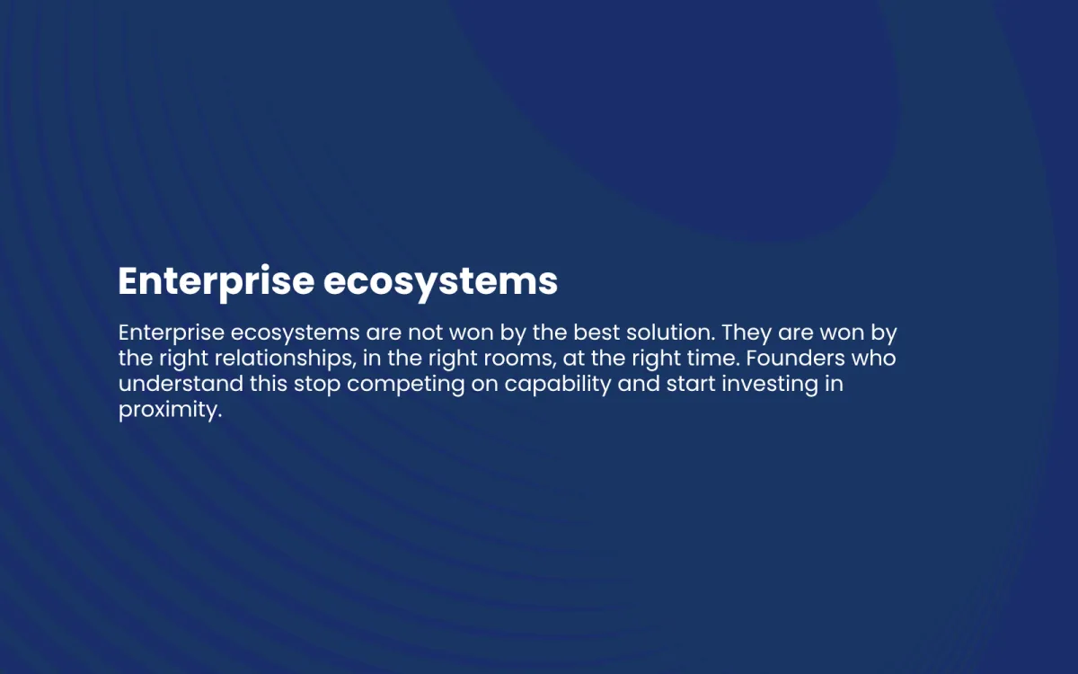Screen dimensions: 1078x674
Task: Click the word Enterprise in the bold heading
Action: [216, 282]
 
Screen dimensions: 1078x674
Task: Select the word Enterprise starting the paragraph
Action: [172, 333]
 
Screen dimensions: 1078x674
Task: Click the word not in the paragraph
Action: [426, 333]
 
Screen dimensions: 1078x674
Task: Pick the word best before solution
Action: [596, 333]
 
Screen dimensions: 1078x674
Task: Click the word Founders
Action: [796, 358]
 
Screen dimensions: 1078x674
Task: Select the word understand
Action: [181, 384]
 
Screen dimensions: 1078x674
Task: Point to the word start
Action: [691, 385]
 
